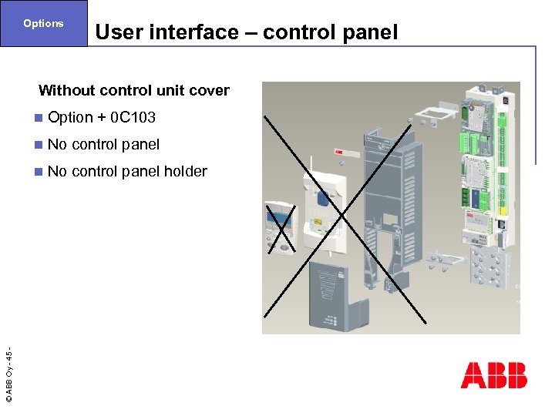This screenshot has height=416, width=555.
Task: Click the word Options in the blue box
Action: pyautogui.click(x=43, y=23)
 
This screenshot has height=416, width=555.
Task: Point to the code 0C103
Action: pyautogui.click(x=133, y=117)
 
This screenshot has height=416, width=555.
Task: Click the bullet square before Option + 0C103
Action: pyautogui.click(x=39, y=118)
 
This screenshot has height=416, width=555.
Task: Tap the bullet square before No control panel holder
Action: pyautogui.click(x=39, y=172)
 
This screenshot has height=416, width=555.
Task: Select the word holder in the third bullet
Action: pyautogui.click(x=185, y=171)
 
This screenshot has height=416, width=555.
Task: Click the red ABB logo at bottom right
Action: pyautogui.click(x=493, y=375)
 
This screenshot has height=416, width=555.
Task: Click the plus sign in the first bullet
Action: pyautogui.click(x=101, y=118)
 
